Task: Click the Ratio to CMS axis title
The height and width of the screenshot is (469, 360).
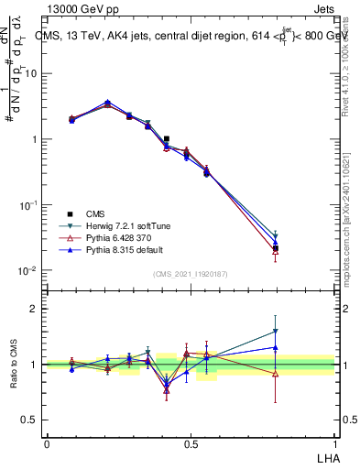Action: [x=15, y=365]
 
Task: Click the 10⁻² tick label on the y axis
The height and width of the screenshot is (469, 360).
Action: [x=29, y=271]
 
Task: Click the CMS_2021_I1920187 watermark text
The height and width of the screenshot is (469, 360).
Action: [x=191, y=274]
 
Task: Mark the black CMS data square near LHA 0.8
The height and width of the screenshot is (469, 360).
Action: [x=276, y=248]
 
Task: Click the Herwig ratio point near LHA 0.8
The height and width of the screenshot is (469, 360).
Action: [x=276, y=332]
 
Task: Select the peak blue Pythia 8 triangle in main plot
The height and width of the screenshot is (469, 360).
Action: [x=108, y=103]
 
